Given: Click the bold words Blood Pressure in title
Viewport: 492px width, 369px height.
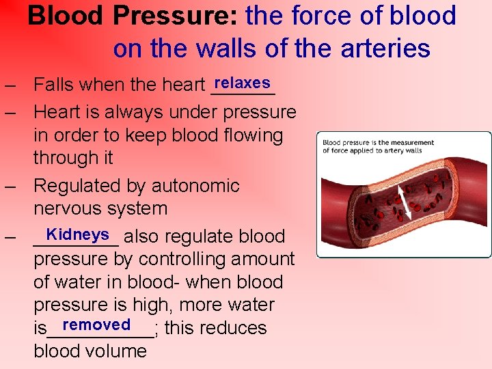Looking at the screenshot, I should tap(133, 16).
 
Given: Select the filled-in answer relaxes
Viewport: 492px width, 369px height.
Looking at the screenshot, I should tap(242, 83).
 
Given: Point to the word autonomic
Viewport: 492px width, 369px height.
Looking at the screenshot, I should tap(195, 186).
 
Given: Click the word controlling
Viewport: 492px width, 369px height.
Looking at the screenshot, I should tap(182, 260).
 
